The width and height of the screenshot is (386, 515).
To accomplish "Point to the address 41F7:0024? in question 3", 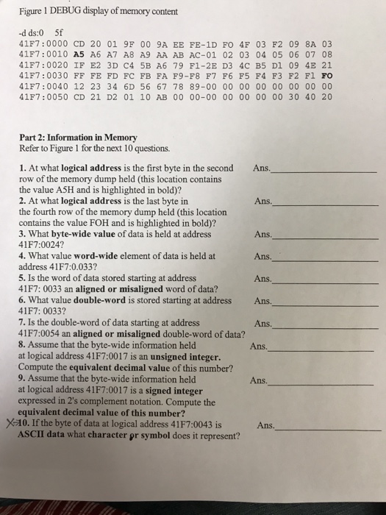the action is tap(44, 245).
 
